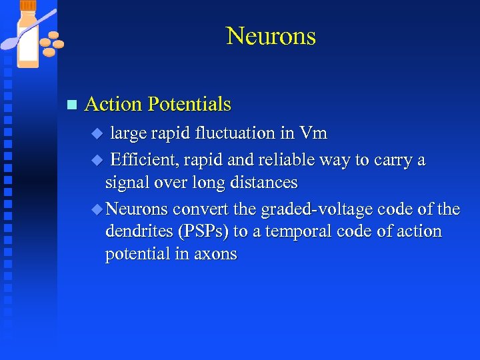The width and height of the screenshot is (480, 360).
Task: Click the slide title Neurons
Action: [x=271, y=36]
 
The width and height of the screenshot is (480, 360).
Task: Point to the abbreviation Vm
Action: [x=313, y=133]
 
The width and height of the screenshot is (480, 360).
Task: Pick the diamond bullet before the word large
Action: [x=96, y=134]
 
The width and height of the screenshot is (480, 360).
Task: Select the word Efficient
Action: [x=141, y=161]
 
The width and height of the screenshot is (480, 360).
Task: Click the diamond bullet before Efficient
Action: [x=96, y=161]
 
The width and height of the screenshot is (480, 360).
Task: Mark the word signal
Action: [x=127, y=183]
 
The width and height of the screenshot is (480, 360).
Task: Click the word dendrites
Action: [x=137, y=231]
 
